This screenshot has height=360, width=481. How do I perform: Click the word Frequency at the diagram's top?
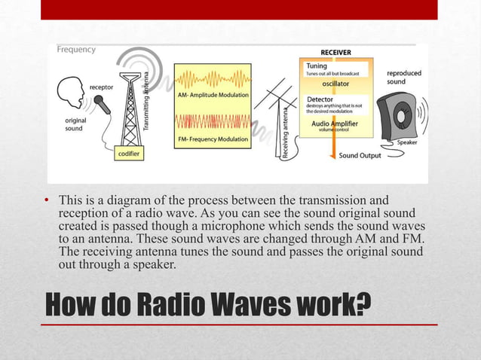(x=76, y=50)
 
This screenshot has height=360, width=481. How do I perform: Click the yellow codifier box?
(x=129, y=153)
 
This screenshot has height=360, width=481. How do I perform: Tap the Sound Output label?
(x=359, y=156)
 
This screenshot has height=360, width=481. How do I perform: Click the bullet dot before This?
(x=47, y=201)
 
